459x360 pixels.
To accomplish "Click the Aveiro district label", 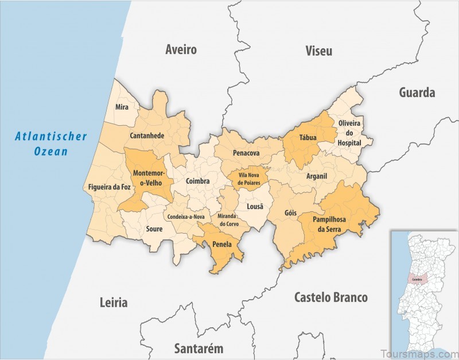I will point(181,50).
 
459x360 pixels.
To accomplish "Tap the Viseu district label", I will point(318,51).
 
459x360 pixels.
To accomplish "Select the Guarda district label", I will point(417,92).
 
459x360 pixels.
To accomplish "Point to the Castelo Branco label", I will point(331,297).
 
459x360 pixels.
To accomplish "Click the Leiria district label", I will point(113,303).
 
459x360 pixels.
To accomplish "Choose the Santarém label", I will point(199,348).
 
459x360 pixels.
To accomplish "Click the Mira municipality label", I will point(122,107).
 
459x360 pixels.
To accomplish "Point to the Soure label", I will point(154,229).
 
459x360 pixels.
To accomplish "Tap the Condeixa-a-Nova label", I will point(186,217).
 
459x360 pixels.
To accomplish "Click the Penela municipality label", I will point(221,244).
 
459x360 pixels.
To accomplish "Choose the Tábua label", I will point(308,138).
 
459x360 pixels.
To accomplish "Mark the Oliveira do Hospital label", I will point(349,133).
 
